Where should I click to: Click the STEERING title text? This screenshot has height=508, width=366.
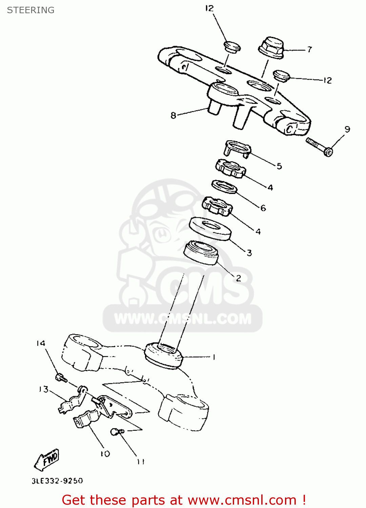point(30,10)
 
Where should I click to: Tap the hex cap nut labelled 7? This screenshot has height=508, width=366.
point(271,48)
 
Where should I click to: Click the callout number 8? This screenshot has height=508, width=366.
point(173,116)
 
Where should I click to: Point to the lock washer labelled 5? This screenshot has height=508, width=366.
point(238,148)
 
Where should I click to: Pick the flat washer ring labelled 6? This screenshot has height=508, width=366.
point(224,187)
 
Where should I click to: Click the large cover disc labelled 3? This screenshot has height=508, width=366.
point(210,229)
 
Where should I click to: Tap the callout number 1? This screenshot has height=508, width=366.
point(214,357)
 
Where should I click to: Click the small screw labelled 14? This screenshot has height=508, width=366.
point(61,377)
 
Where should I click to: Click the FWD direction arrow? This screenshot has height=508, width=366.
point(47,460)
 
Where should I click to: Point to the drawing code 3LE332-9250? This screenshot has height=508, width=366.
point(57,481)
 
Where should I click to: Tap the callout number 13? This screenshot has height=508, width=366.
point(44,389)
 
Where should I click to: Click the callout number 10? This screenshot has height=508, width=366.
point(105,453)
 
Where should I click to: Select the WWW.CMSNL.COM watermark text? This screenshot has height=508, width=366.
point(183,319)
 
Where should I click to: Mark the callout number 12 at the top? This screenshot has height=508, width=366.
point(209,8)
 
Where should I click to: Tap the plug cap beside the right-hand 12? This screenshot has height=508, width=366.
point(281,76)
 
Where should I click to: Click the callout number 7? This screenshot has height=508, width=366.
point(309,49)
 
